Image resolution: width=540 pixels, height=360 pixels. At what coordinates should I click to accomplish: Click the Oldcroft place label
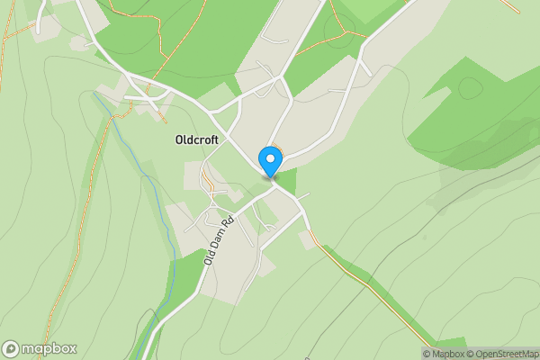click(x=197, y=140)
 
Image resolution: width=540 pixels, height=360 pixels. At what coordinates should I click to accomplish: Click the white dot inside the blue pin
click(x=270, y=158)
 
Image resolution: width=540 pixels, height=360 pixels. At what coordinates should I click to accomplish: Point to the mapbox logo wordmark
click(x=49, y=349)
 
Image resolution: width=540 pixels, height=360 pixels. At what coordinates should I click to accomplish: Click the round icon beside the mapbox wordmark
click(x=11, y=349)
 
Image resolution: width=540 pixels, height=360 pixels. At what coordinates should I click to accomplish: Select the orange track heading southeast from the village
click(x=360, y=279)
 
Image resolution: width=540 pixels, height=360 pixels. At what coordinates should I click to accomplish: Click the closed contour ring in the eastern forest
click(x=470, y=87)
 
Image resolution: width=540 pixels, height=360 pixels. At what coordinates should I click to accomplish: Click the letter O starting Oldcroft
click(x=178, y=140)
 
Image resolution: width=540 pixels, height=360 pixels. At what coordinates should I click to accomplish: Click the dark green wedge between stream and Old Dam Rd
click(x=184, y=279)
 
